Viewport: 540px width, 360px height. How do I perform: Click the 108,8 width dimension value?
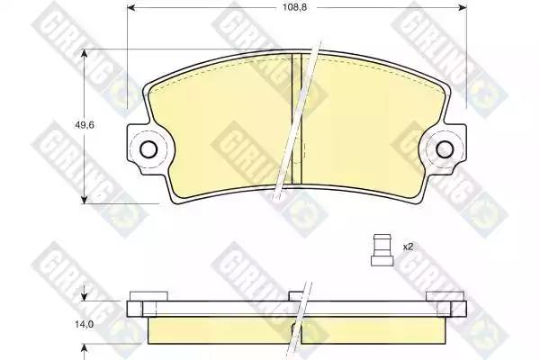click(x=294, y=7)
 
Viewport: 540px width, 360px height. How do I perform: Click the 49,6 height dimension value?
click(x=85, y=125)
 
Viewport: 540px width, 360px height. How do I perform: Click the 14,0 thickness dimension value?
click(x=84, y=324)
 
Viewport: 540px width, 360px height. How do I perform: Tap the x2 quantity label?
click(x=408, y=247)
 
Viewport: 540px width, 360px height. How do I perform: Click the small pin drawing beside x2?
click(x=382, y=250)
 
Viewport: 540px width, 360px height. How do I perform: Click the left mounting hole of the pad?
click(x=148, y=149)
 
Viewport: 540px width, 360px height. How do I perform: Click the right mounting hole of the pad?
click(x=445, y=149)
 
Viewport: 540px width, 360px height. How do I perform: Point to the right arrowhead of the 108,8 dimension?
click(x=463, y=7)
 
